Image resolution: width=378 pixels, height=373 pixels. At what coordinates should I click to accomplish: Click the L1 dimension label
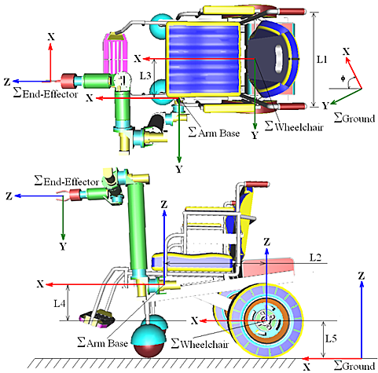click(x=322, y=60)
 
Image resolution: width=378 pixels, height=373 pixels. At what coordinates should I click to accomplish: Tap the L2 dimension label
click(x=315, y=258)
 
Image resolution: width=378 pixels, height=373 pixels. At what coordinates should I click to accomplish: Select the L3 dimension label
click(x=145, y=75)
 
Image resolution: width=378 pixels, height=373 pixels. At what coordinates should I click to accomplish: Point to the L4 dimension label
click(x=60, y=303)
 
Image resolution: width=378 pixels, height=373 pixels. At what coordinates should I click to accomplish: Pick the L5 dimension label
click(x=331, y=338)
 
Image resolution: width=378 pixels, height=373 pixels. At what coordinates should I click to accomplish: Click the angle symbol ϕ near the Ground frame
click(x=343, y=79)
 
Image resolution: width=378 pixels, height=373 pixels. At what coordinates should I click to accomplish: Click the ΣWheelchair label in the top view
click(x=294, y=126)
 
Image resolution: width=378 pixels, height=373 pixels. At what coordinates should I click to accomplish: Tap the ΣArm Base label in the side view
click(x=102, y=343)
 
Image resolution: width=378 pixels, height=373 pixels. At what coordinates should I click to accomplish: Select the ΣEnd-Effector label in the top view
click(x=46, y=93)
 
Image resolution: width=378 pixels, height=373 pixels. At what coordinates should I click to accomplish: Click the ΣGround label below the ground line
click(x=354, y=365)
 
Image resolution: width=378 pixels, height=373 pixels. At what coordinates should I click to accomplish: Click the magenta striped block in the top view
click(x=116, y=54)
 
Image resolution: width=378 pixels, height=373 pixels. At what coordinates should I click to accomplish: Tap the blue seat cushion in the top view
click(x=203, y=59)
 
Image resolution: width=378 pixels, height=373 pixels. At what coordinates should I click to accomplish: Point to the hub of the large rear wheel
click(x=266, y=320)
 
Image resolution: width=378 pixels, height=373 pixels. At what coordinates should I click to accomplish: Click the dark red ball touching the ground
click(x=149, y=350)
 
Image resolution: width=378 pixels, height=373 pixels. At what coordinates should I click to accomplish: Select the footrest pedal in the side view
click(x=97, y=318)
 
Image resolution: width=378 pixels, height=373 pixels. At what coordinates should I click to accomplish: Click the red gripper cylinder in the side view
click(x=75, y=196)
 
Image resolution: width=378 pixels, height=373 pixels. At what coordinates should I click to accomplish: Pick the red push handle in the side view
click(x=257, y=184)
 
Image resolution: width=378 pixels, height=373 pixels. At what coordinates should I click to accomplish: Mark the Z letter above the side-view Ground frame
click(x=361, y=276)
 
